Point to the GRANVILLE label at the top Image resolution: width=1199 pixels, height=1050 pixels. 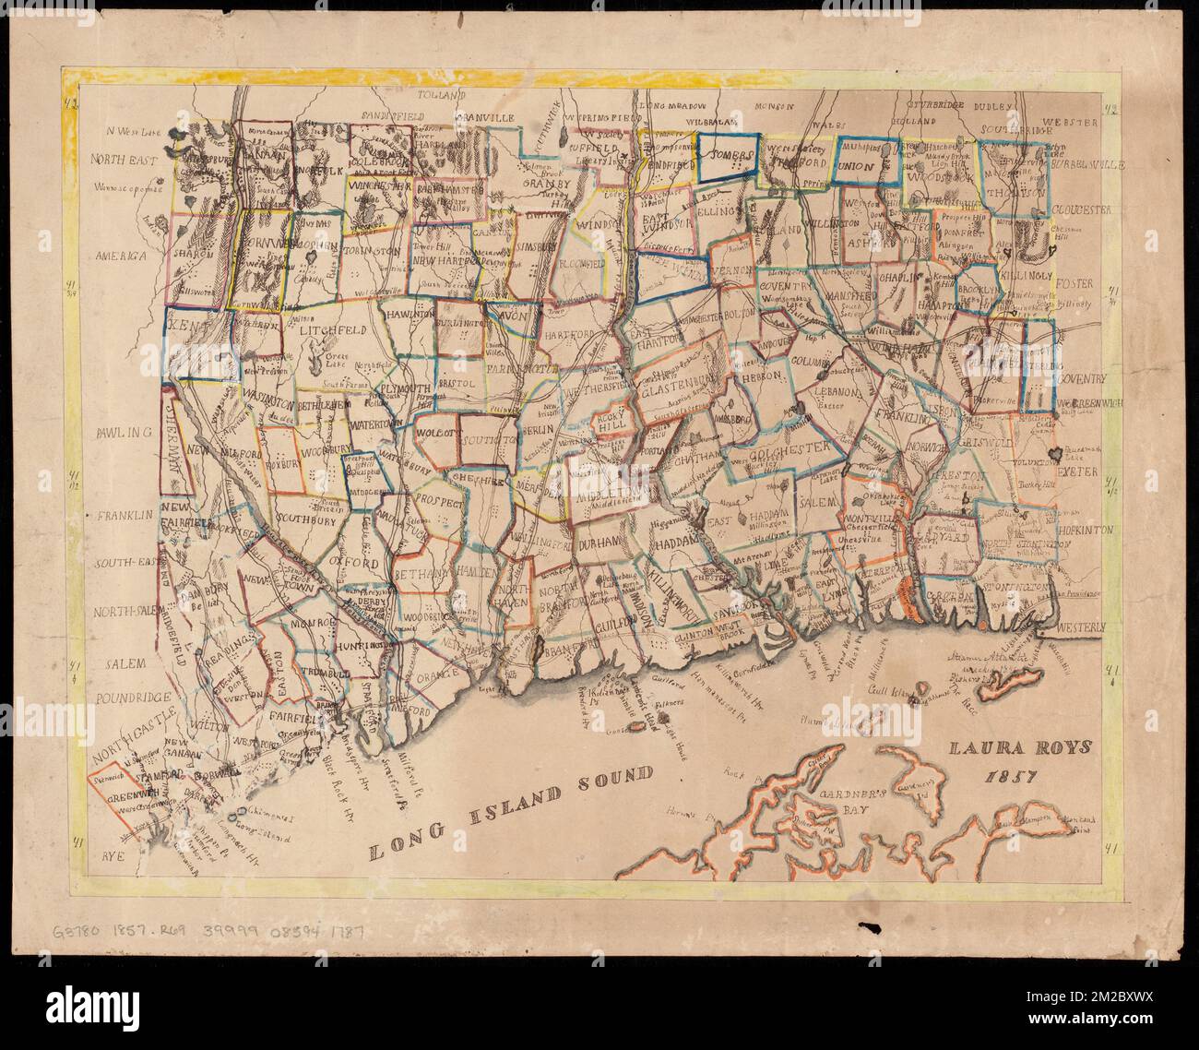click(x=486, y=119)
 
